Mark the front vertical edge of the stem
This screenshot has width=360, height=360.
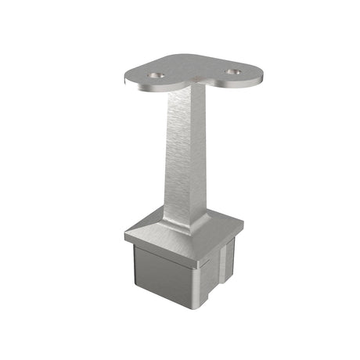tap(186, 157)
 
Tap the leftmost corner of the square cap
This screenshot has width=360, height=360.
tap(125, 233)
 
